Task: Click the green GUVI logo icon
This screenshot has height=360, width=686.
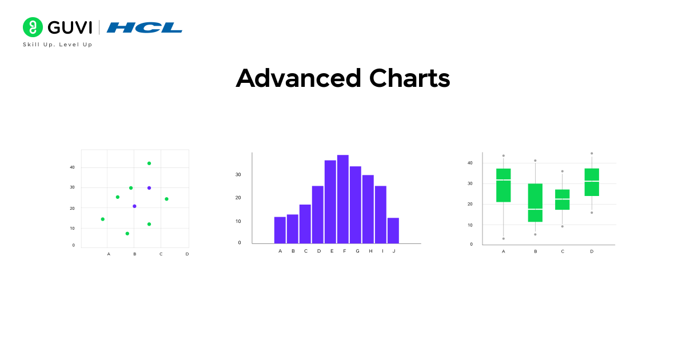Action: [x=33, y=27]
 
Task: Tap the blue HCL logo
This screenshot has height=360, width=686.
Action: [x=144, y=27]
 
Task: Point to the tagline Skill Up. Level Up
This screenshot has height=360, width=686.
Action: [x=57, y=45]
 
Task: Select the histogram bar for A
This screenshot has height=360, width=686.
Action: [x=280, y=230]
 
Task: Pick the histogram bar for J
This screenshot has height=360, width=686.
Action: [x=393, y=230]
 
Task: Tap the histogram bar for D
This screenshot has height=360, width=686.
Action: [x=318, y=214]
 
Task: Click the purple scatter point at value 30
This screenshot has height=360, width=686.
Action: [x=149, y=188]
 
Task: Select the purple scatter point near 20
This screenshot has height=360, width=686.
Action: [x=134, y=206]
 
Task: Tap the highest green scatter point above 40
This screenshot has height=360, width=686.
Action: [x=149, y=163]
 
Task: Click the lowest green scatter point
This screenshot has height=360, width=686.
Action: [x=127, y=233]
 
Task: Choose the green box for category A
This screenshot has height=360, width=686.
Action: [x=503, y=185]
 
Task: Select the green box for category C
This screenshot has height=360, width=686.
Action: [x=563, y=199]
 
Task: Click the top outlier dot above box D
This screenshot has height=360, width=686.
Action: [x=592, y=153]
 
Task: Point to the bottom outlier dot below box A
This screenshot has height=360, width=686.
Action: [x=503, y=239]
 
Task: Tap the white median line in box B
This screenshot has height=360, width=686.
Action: [x=535, y=209]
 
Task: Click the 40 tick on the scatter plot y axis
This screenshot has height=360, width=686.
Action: [x=73, y=167]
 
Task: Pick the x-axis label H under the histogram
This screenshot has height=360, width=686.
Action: [x=370, y=251]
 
